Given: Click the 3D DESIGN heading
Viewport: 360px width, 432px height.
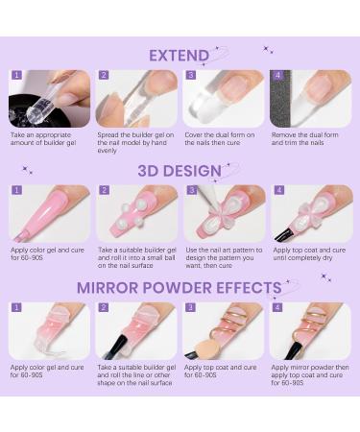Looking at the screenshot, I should click(179, 169).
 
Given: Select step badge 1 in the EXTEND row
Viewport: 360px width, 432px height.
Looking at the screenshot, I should click(16, 75).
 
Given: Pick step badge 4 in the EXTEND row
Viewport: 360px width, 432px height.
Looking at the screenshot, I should click(277, 75).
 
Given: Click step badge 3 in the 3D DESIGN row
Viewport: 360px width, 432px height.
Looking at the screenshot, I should click(190, 190).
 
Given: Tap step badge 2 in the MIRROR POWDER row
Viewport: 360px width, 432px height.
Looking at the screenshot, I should click(103, 308).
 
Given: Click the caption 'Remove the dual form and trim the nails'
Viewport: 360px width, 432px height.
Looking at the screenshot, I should click(309, 139).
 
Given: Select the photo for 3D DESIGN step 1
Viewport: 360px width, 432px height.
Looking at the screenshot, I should click(49, 213).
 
